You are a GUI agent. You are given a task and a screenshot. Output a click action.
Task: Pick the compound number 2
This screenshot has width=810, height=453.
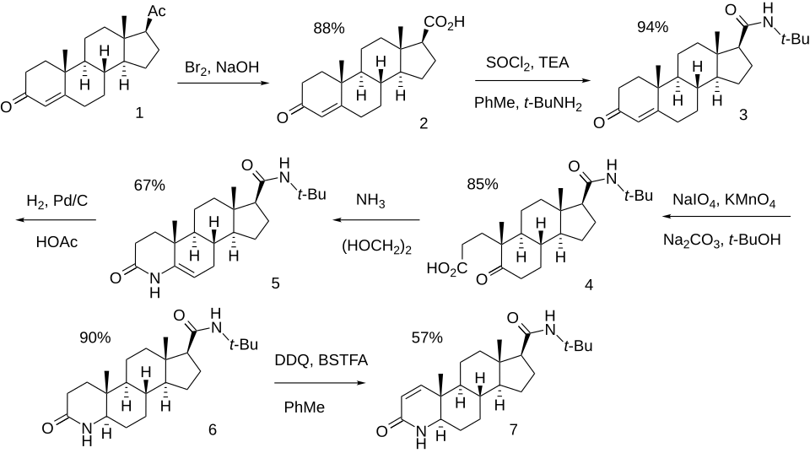(x=423, y=124)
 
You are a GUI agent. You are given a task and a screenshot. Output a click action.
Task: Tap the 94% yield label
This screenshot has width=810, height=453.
(x=651, y=27)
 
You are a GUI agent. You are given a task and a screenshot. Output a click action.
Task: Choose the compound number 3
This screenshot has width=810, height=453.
(x=742, y=116)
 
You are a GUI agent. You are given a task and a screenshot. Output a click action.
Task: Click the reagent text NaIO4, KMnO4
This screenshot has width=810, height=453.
(x=725, y=200)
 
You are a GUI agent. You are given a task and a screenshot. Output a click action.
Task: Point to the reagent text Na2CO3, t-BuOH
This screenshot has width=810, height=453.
(x=722, y=240)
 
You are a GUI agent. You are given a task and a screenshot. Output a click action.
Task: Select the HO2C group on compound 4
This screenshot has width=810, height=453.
(x=446, y=269)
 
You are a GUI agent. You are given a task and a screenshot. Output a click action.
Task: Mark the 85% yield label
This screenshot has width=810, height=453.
(x=480, y=183)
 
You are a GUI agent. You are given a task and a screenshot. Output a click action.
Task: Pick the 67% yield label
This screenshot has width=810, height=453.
(x=148, y=185)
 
